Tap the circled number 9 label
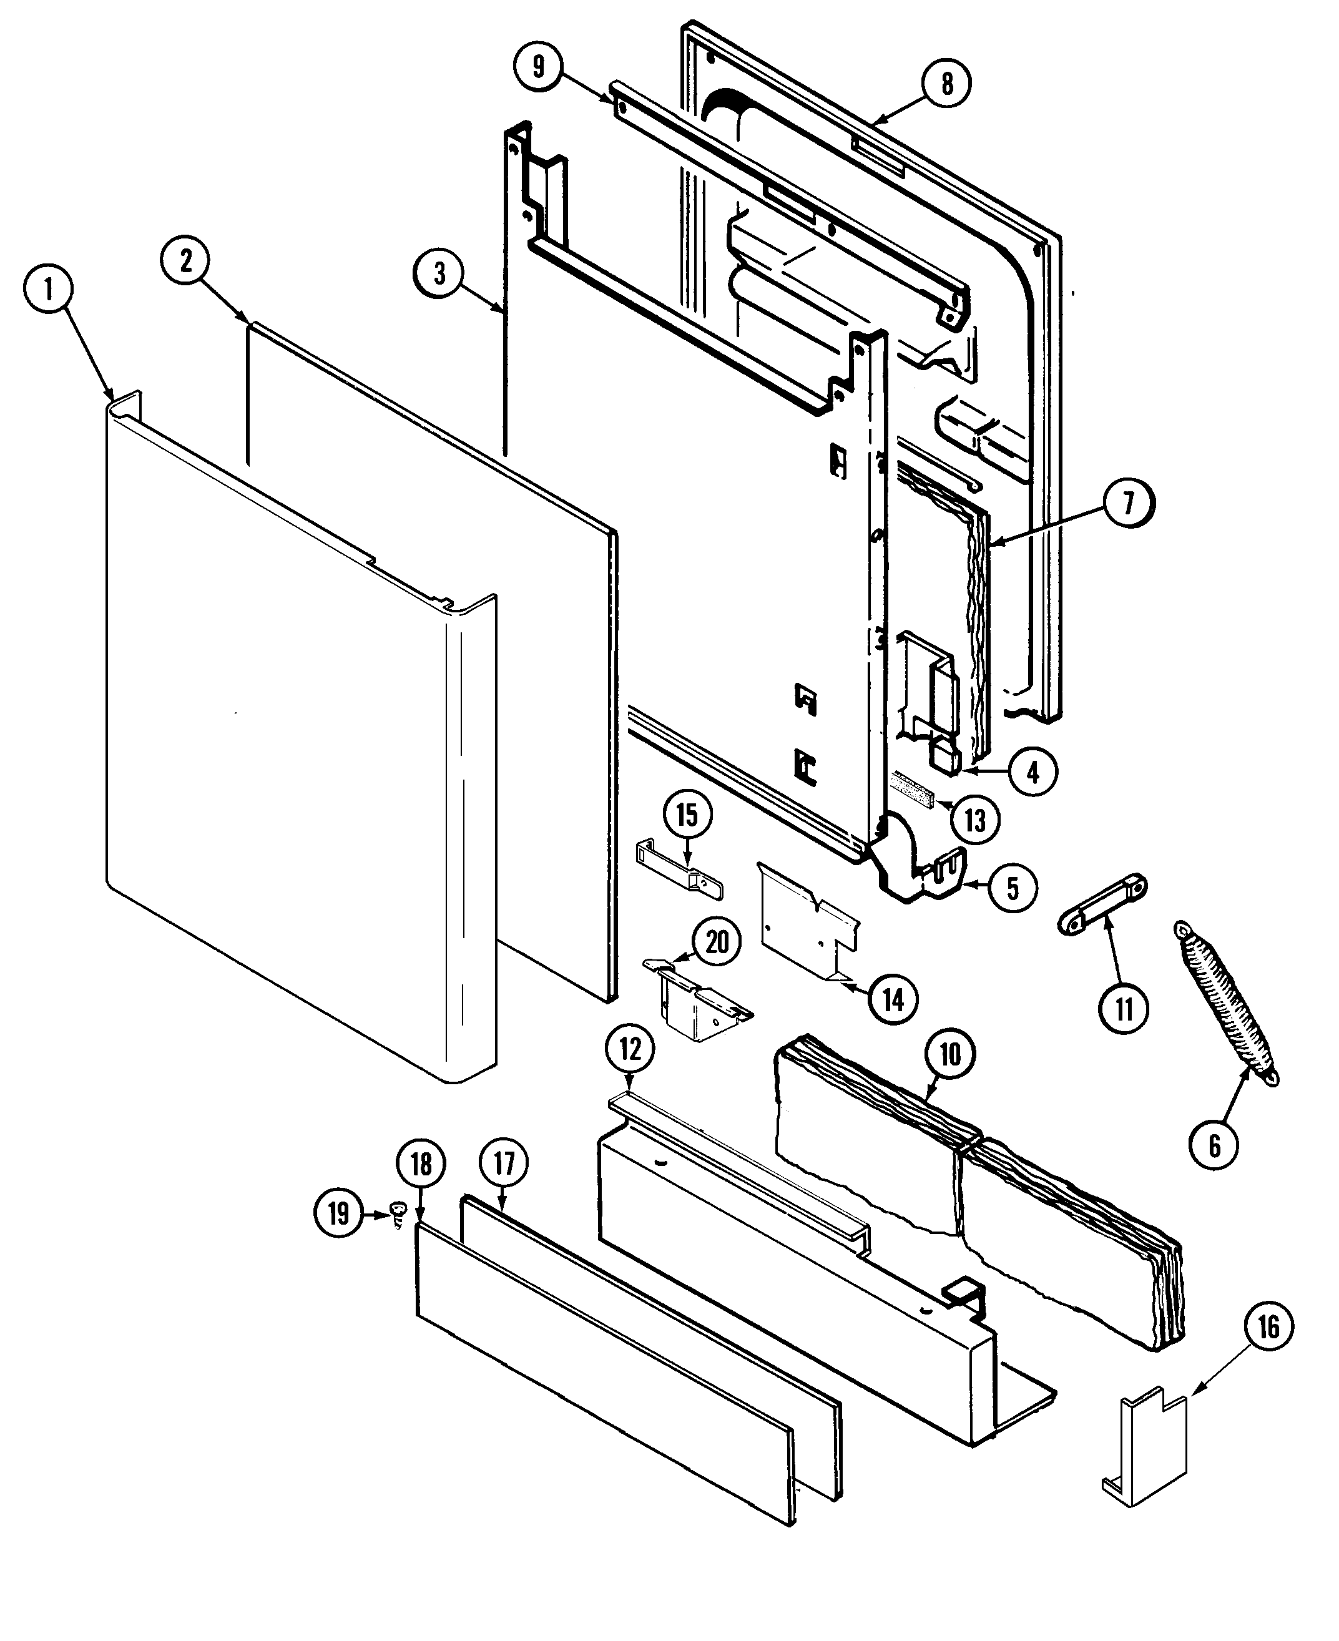538,66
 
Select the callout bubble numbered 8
946,82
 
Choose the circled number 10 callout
950,1054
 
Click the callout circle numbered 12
630,1049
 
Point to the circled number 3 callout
439,273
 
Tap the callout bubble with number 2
186,262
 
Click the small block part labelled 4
946,757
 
